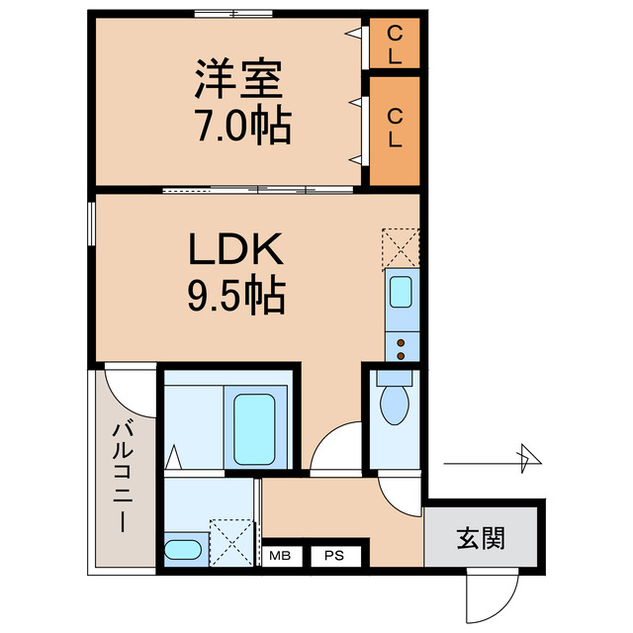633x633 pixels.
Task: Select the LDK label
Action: coord(236,250)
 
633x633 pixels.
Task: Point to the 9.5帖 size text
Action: coord(236,294)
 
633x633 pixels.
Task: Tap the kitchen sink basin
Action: coord(402,293)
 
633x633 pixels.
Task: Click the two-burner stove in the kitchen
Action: coord(402,345)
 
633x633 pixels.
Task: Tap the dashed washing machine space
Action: coord(233,543)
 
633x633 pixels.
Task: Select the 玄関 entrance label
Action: coord(482,538)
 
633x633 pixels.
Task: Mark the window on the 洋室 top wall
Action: coord(232,14)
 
